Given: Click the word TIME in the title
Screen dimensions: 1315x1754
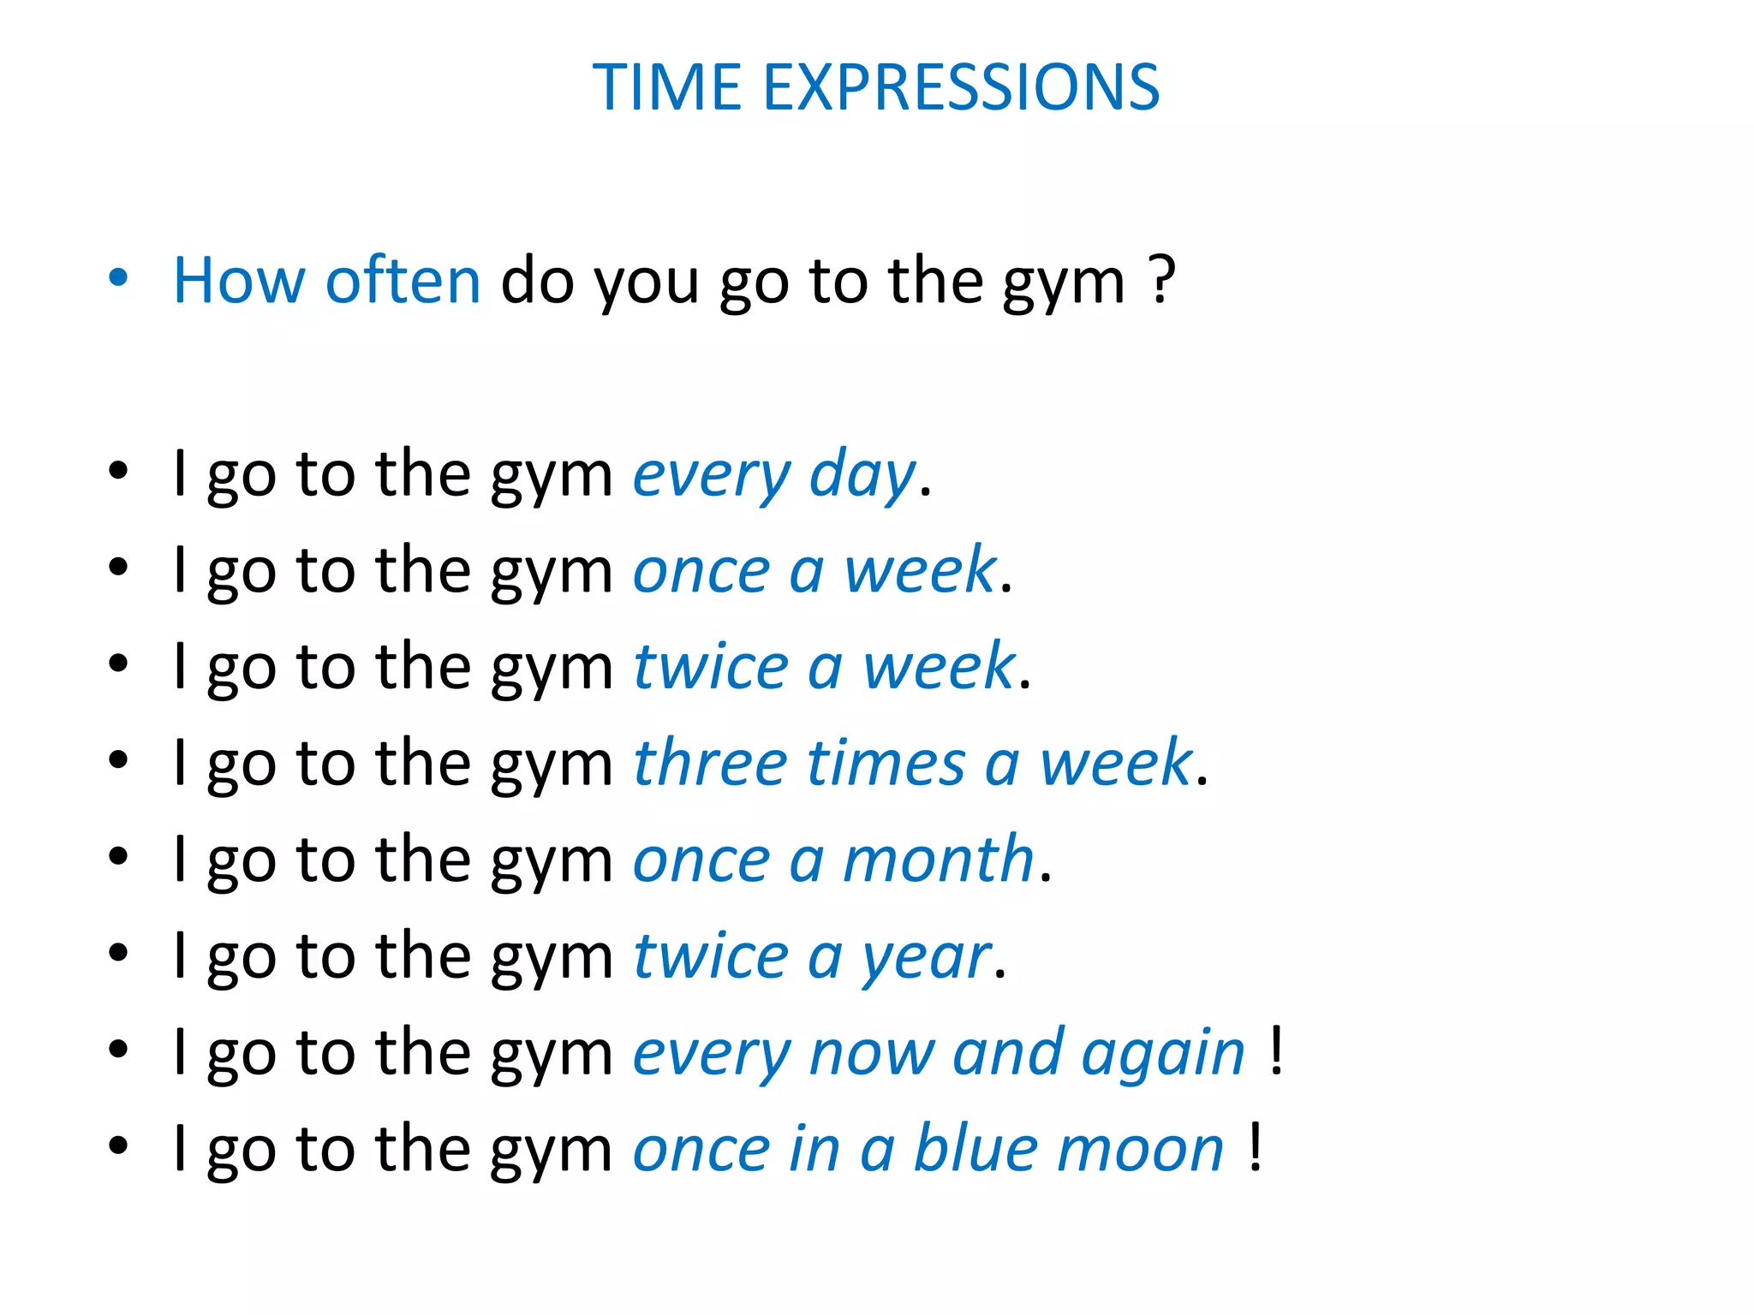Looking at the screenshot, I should tap(666, 87).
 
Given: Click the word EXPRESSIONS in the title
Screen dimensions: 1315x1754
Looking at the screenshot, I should tap(961, 87).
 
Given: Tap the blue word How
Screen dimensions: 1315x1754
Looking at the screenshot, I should tap(238, 281).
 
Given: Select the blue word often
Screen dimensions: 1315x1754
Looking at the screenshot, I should tap(403, 281).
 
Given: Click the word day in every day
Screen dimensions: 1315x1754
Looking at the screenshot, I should tap(862, 475).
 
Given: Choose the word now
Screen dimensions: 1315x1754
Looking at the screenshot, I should tap(872, 1053).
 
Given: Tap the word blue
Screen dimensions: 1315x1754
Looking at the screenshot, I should tap(976, 1148).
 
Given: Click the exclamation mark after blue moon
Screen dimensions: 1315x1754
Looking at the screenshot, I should tap(1255, 1146).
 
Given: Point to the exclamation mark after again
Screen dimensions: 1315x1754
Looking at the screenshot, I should tap(1276, 1050).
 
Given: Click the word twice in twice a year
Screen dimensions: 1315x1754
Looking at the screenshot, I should tap(710, 955).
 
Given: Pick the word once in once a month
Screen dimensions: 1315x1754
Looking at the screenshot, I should tap(701, 860).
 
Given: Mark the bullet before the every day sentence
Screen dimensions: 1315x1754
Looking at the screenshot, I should tap(118, 471).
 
